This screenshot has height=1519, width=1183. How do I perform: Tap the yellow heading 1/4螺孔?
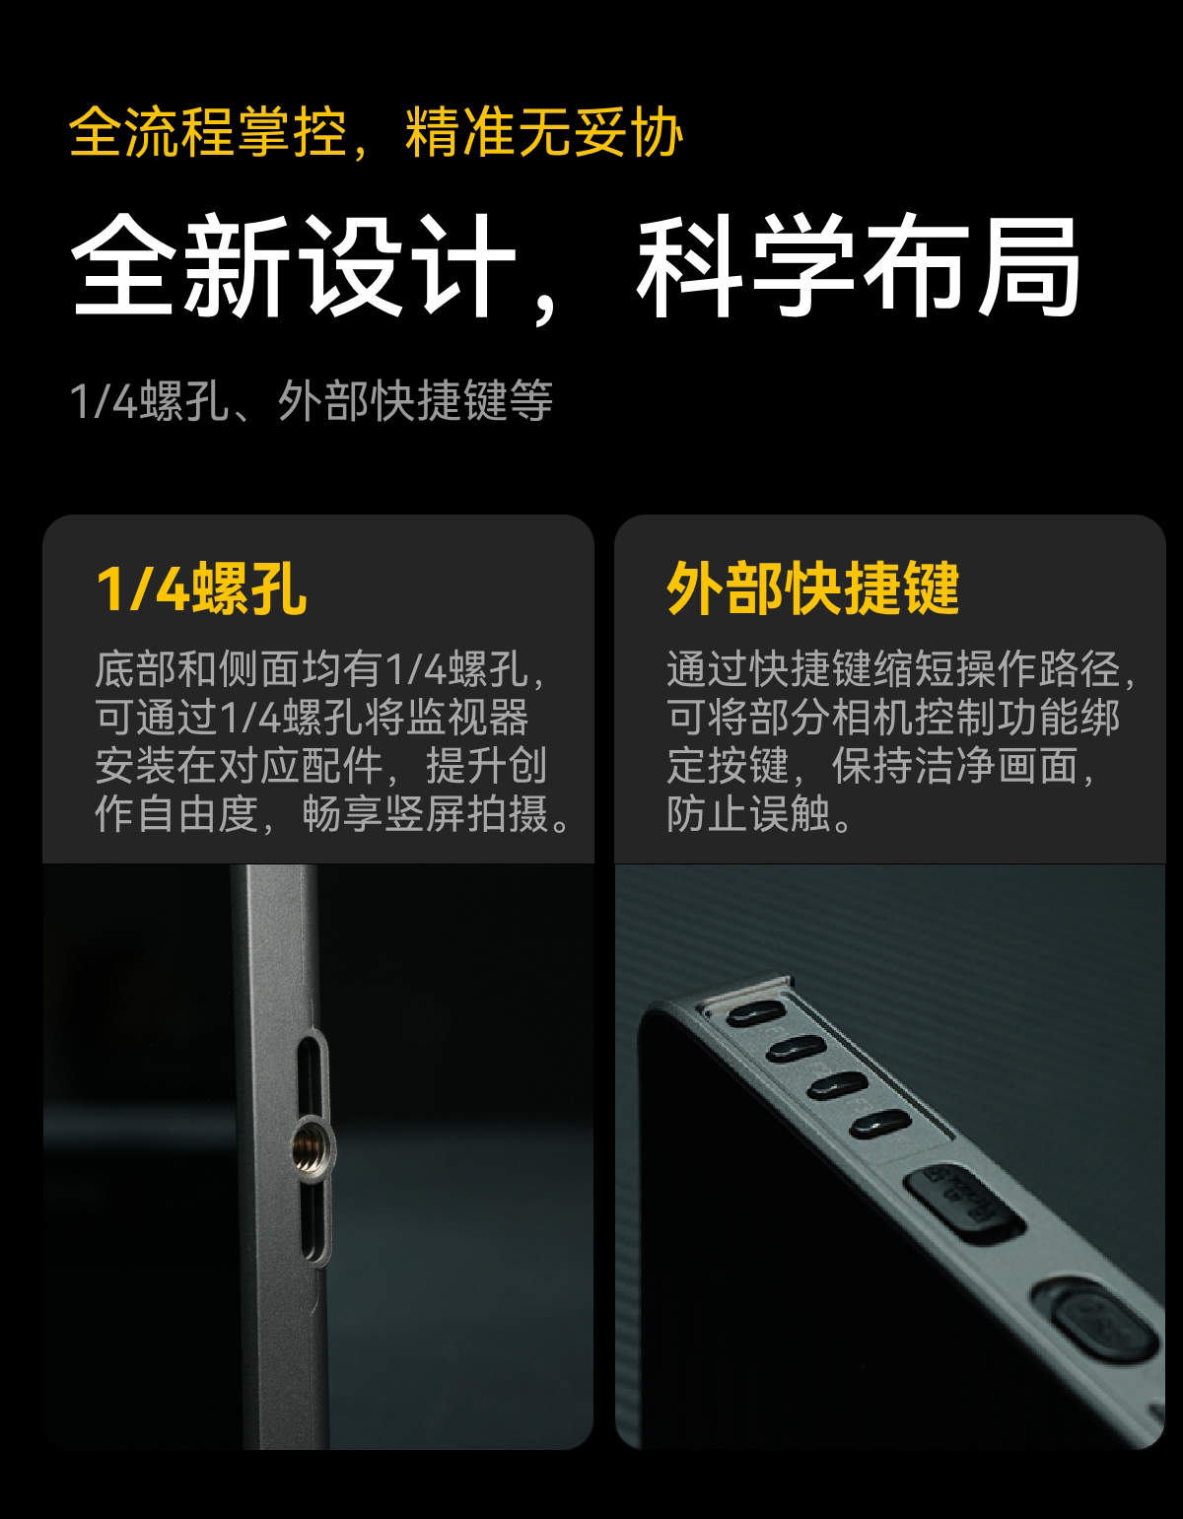click(201, 588)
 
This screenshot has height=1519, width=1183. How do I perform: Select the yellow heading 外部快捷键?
click(812, 588)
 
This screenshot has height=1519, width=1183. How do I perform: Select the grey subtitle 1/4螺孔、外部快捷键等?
click(312, 401)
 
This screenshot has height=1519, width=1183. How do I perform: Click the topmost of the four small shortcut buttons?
click(756, 1014)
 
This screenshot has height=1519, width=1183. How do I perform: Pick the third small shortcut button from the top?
click(838, 1086)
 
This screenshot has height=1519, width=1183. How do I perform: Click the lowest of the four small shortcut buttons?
click(880, 1124)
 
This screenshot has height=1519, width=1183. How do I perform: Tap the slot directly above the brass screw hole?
click(312, 1079)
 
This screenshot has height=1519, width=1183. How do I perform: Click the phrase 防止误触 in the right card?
click(748, 814)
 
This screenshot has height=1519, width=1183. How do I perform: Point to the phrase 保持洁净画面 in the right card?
click(954, 766)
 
